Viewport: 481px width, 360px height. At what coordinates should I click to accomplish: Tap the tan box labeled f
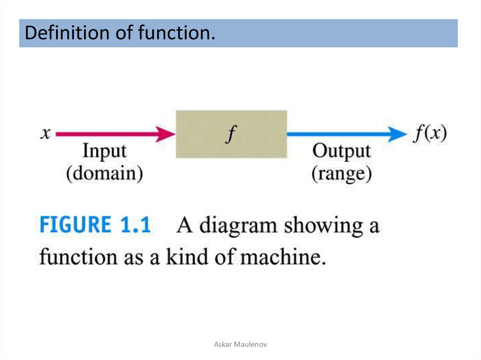tap(231, 134)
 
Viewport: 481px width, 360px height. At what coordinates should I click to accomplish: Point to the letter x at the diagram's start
tap(46, 134)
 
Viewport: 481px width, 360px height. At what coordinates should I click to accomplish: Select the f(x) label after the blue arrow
tap(430, 134)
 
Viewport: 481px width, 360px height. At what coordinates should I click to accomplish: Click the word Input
tap(104, 152)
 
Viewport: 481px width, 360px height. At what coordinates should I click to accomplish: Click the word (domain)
tap(104, 174)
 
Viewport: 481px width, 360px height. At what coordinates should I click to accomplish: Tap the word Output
tap(341, 152)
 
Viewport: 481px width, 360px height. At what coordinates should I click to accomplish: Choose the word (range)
tap(341, 174)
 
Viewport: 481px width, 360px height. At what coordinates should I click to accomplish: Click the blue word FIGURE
tap(75, 226)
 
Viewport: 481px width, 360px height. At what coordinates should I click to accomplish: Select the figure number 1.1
tap(134, 226)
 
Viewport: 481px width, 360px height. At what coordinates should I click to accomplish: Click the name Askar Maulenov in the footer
tap(240, 345)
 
